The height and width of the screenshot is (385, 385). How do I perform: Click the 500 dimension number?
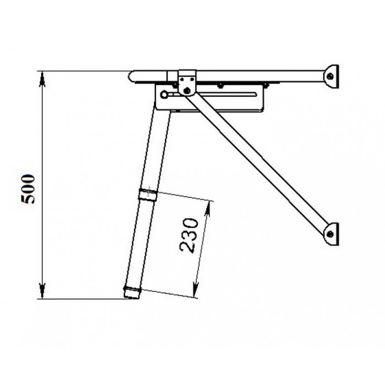pyautogui.click(x=28, y=189)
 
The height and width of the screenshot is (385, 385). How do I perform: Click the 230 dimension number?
pyautogui.click(x=189, y=235)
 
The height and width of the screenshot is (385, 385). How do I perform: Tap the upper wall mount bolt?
pyautogui.click(x=331, y=76)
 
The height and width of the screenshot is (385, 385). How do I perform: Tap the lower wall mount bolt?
pyautogui.click(x=331, y=234)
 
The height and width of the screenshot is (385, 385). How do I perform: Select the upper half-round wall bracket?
pyautogui.click(x=332, y=76)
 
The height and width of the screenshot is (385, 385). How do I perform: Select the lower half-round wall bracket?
pyautogui.click(x=332, y=234)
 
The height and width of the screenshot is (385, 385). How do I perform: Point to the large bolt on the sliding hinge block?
pyautogui.click(x=187, y=90)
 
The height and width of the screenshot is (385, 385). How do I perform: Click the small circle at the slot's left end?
pyautogui.click(x=164, y=95)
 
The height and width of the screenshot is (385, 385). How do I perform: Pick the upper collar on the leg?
pyautogui.click(x=147, y=195)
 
